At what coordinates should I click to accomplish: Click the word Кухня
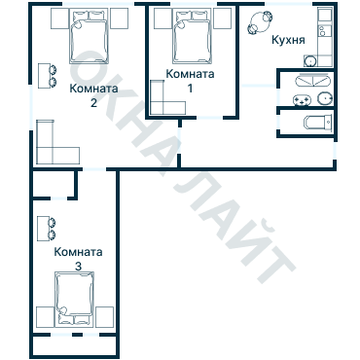290,41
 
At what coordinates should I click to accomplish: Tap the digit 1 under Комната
189,88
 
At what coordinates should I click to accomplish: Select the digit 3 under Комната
78,265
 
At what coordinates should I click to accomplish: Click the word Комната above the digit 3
79,251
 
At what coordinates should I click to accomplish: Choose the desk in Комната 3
42,228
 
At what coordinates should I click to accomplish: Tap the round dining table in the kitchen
262,22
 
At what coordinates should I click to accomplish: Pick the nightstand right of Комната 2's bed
118,18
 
